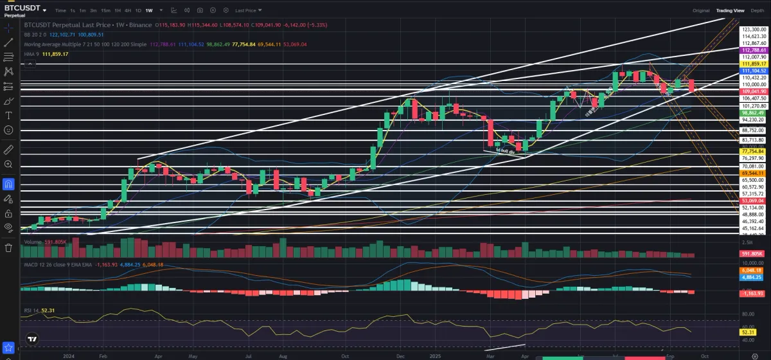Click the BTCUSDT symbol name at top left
click(x=22, y=8)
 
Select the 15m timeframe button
click(x=105, y=10)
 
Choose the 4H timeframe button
click(x=128, y=10)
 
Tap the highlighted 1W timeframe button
click(x=149, y=10)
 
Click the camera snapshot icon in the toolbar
click(x=200, y=10)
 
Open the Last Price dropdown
click(x=247, y=10)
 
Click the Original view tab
click(x=701, y=10)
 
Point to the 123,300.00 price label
click(x=754, y=30)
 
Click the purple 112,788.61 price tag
click(x=753, y=50)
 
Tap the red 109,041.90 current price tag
click(x=753, y=92)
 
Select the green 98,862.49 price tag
click(x=753, y=113)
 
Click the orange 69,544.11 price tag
click(x=753, y=173)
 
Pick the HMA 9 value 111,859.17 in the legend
click(x=55, y=54)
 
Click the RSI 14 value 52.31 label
click(x=48, y=310)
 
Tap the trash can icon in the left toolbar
click(x=8, y=247)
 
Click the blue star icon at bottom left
click(x=8, y=348)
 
